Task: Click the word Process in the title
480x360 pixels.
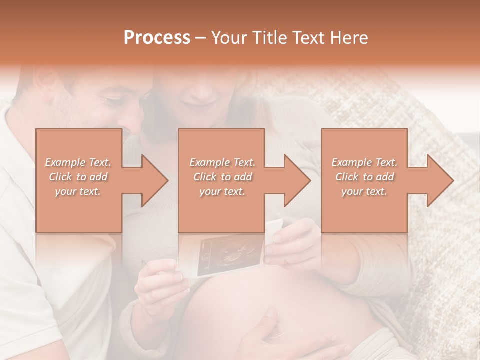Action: [157, 37]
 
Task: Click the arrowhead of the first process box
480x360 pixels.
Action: [154, 180]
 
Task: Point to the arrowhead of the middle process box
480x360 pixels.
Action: [297, 180]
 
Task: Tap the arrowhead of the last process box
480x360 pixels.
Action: [440, 180]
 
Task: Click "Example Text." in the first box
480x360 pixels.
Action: [78, 162]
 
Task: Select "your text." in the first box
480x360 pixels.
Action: [78, 191]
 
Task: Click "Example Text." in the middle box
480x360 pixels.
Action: [222, 162]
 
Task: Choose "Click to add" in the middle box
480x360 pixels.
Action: [222, 177]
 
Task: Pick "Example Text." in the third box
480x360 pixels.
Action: [364, 162]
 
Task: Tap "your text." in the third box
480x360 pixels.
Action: [364, 191]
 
